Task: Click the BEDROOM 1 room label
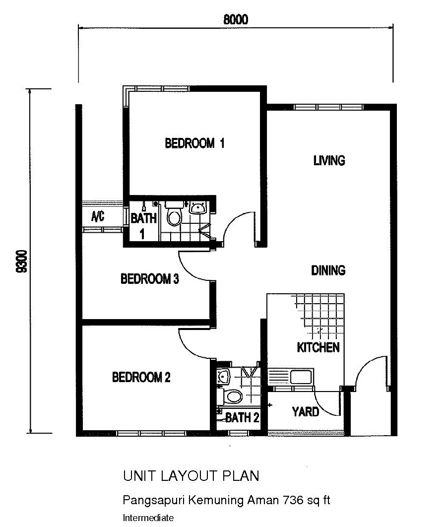[194, 143]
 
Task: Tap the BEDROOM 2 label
[141, 378]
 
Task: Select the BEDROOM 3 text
[149, 279]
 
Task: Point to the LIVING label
[329, 161]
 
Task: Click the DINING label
[328, 270]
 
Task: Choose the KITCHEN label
[318, 347]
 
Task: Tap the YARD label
[305, 411]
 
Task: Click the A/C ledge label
[97, 216]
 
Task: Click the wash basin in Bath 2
[223, 377]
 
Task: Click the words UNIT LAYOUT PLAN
[191, 476]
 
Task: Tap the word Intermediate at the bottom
[148, 518]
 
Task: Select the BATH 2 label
[242, 418]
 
